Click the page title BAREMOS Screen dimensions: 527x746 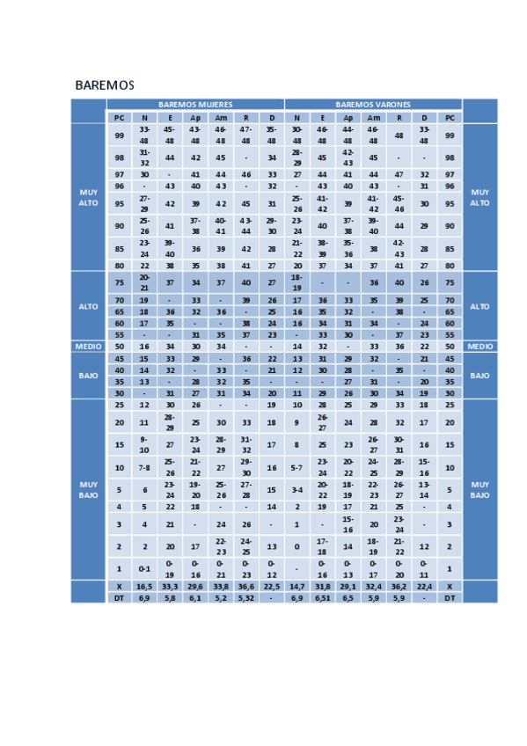pyautogui.click(x=104, y=85)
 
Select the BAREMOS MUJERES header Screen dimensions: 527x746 pyautogui.click(x=195, y=104)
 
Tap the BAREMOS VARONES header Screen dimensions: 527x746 pyautogui.click(x=373, y=104)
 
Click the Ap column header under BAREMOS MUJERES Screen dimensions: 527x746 pyautogui.click(x=195, y=117)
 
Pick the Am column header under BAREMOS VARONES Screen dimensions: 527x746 pyautogui.click(x=373, y=117)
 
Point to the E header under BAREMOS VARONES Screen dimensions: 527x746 pyautogui.click(x=322, y=117)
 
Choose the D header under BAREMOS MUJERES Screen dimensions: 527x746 pyautogui.click(x=272, y=117)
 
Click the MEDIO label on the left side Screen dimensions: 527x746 pyautogui.click(x=88, y=347)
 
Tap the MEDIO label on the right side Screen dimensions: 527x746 pyautogui.click(x=479, y=347)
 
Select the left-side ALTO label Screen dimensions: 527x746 pyautogui.click(x=88, y=306)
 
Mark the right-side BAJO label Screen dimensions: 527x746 pyautogui.click(x=479, y=376)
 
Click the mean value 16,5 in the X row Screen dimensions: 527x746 pyautogui.click(x=144, y=585)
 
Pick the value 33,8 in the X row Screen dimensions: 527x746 pyautogui.click(x=221, y=585)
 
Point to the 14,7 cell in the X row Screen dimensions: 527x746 pyautogui.click(x=297, y=585)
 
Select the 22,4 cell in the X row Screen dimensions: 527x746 pyautogui.click(x=424, y=585)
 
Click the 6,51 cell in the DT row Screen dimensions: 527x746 pyautogui.click(x=322, y=597)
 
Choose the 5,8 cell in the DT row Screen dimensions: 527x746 pyautogui.click(x=170, y=597)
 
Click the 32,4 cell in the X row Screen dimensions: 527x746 pyautogui.click(x=373, y=585)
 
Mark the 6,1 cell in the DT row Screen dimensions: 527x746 pyautogui.click(x=195, y=597)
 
